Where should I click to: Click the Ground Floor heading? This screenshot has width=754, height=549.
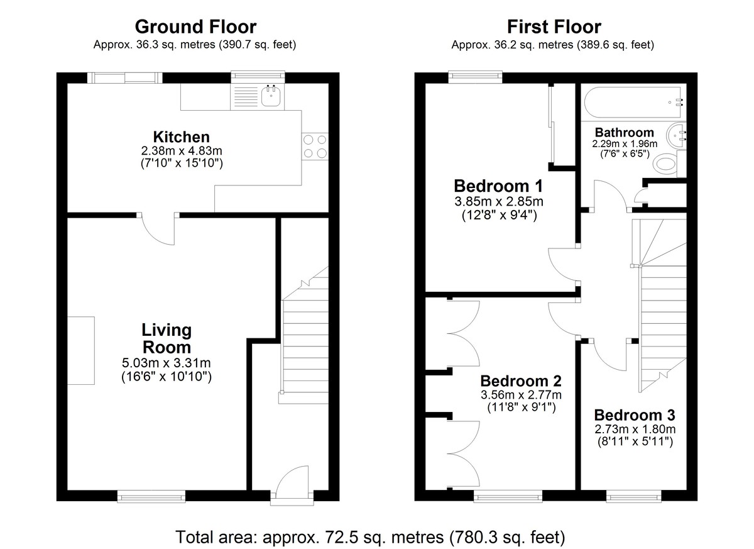(195, 27)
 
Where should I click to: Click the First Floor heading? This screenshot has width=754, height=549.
(554, 27)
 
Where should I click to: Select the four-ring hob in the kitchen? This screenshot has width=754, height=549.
(315, 146)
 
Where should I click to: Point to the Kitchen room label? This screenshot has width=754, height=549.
(182, 137)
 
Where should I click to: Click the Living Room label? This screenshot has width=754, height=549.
(167, 338)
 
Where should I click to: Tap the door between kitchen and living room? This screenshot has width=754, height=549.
(158, 229)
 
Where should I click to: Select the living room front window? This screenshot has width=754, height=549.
(151, 496)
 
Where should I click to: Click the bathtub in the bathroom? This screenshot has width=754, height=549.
(633, 102)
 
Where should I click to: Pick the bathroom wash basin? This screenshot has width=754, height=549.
(676, 136)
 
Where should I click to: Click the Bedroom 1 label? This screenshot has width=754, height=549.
(498, 186)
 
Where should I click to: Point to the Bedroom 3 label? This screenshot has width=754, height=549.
(635, 415)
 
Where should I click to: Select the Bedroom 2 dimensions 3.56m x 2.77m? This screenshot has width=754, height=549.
(521, 395)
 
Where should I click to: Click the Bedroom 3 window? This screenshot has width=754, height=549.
(634, 496)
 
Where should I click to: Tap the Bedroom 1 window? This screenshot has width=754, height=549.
(475, 77)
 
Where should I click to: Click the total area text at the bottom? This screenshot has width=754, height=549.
(370, 537)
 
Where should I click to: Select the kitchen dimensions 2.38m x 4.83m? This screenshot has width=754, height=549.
(182, 151)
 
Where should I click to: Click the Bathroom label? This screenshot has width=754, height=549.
(625, 132)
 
